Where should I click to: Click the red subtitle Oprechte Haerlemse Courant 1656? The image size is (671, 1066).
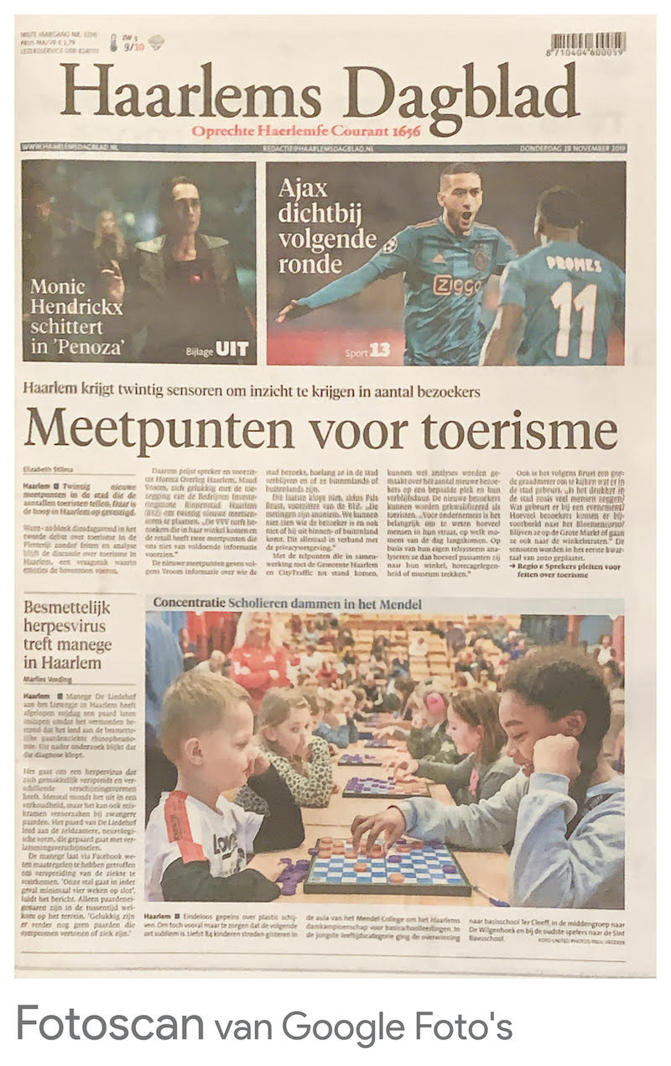point(305,131)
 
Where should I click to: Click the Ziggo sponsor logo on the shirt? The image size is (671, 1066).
point(457,284)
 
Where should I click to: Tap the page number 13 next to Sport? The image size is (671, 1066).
point(380,350)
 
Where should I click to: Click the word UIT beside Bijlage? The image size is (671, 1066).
point(233,350)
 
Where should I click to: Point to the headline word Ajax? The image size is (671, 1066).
point(303,188)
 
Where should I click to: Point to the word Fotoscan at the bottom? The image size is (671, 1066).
point(110,1024)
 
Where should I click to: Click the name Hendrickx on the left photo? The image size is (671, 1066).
point(76,306)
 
